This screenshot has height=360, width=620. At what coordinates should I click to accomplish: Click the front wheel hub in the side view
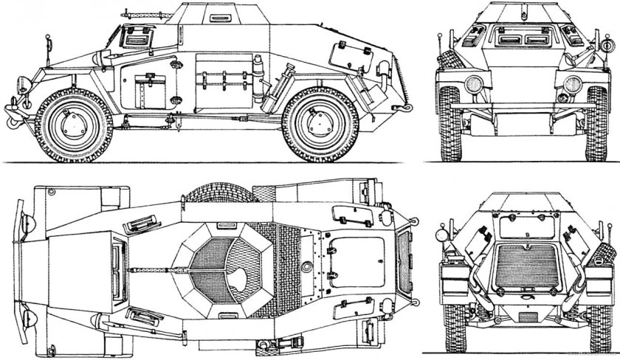(74, 122)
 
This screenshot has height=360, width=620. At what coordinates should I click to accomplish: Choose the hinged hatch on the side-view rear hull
(345, 52)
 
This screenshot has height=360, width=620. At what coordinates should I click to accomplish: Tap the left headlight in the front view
(473, 83)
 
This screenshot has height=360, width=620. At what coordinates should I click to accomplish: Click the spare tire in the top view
(222, 194)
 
